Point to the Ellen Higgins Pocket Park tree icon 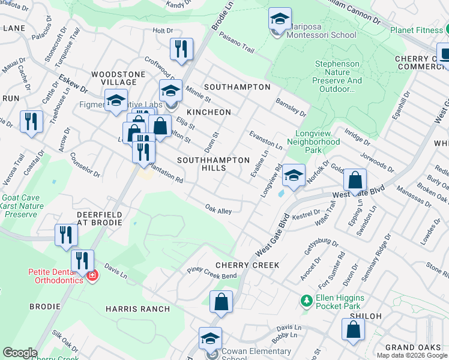(307, 299)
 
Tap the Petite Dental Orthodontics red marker (91, 275)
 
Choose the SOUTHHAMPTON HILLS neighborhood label (213, 164)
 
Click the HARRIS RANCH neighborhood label (137, 308)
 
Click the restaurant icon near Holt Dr (181, 49)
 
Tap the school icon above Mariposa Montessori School (280, 18)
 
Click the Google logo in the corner (19, 353)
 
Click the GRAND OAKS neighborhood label (409, 347)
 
